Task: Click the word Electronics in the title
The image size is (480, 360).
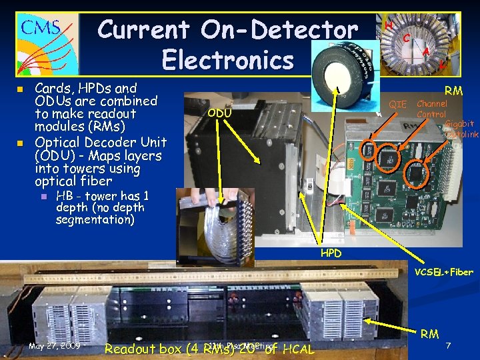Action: pyautogui.click(x=227, y=60)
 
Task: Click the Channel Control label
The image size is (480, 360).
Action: pyautogui.click(x=431, y=109)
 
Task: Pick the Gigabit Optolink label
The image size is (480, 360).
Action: pyautogui.click(x=461, y=129)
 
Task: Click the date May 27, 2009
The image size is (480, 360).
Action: pyautogui.click(x=55, y=346)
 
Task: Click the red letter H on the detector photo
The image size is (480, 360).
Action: pyautogui.click(x=389, y=25)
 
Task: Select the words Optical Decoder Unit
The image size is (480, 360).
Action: pyautogui.click(x=100, y=142)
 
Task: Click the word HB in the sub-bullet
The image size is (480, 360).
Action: pyautogui.click(x=65, y=196)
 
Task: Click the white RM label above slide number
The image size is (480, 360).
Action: pyautogui.click(x=429, y=333)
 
